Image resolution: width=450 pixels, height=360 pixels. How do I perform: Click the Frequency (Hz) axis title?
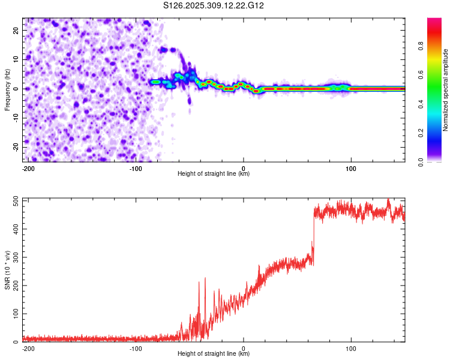(8, 90)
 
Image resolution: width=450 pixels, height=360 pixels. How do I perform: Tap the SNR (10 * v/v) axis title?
(8, 270)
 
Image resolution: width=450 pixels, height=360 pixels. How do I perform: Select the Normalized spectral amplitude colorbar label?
(446, 90)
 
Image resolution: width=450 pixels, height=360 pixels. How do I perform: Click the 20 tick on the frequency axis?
(16, 30)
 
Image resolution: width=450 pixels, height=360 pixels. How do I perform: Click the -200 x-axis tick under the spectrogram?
(28, 168)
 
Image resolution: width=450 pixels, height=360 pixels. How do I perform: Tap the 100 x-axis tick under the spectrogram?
(352, 168)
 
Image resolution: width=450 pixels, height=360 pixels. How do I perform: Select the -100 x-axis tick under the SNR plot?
(136, 348)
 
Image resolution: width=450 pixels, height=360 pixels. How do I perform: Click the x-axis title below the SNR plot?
(214, 354)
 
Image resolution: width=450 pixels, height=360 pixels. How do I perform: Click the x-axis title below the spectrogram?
(214, 174)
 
